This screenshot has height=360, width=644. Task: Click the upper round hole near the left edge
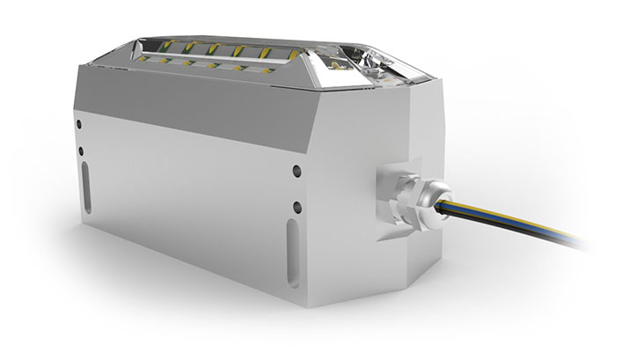click(x=80, y=124)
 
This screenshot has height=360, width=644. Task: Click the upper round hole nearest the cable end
click(x=297, y=171)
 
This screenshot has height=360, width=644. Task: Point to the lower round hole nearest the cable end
click(x=297, y=208)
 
